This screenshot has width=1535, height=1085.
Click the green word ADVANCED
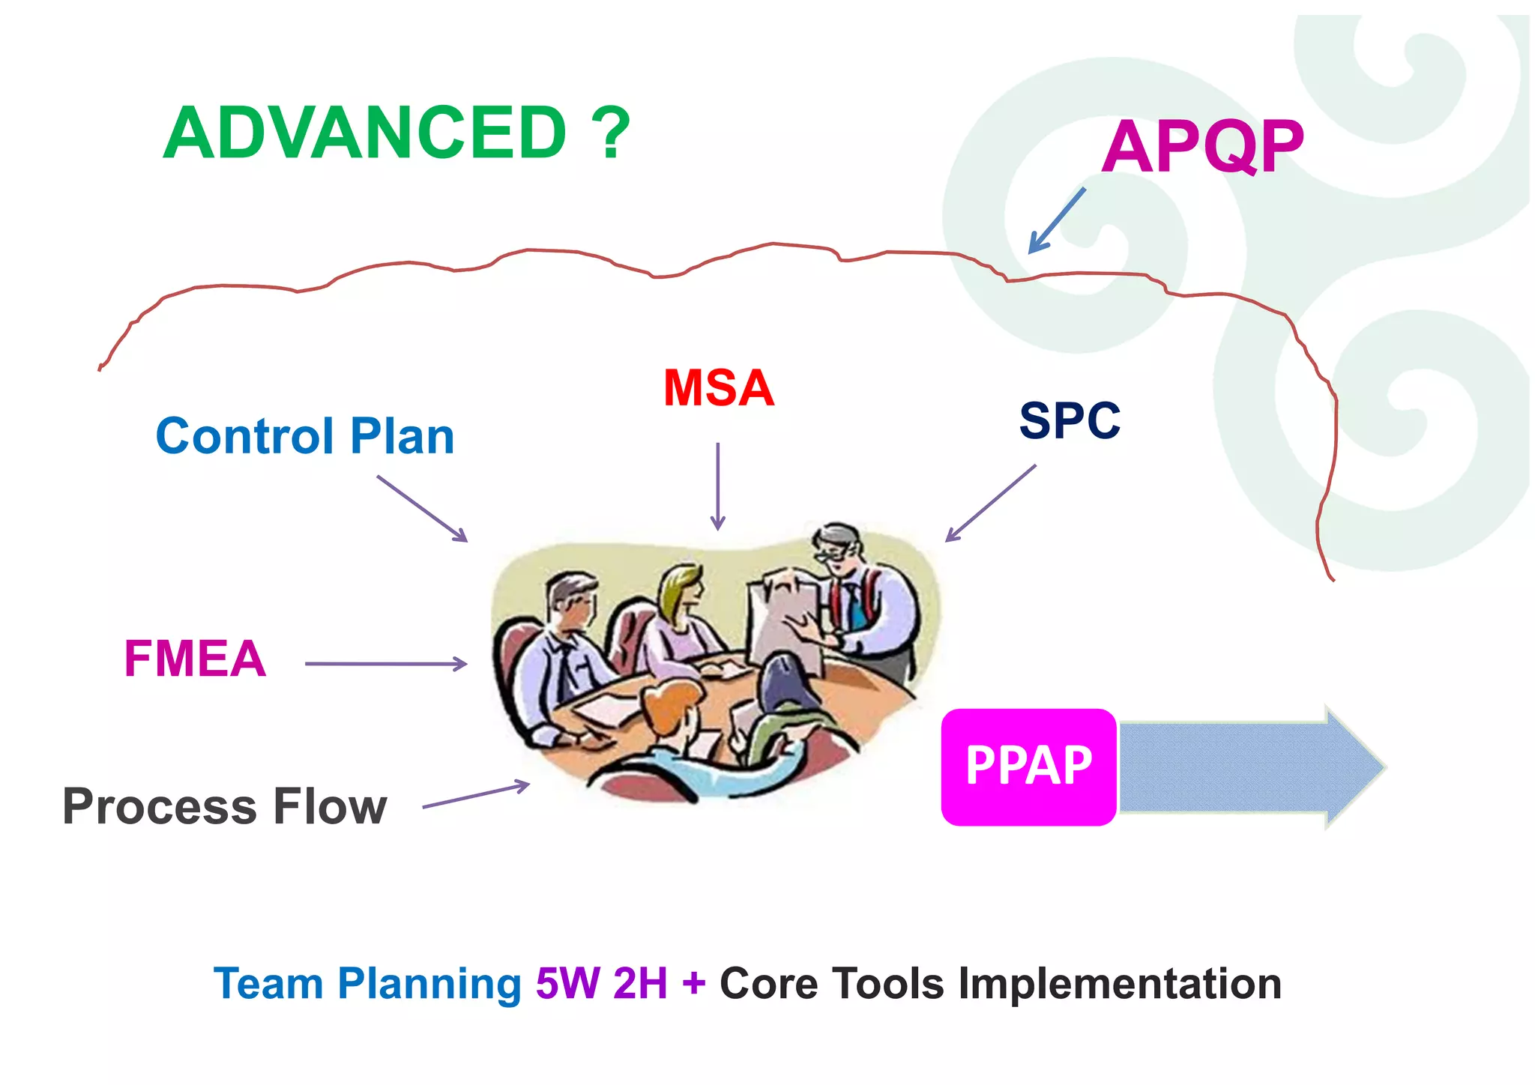365,133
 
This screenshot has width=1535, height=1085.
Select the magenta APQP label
1202,147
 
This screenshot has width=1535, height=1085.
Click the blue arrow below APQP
1056,221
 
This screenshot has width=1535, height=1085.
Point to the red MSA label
718,388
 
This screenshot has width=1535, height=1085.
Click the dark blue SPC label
1070,420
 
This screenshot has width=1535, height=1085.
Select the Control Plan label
305,436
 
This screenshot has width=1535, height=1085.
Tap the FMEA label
195,659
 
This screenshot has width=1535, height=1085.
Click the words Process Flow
224,807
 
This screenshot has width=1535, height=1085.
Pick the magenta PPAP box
1028,767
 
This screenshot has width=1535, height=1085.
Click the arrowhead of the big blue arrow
1353,767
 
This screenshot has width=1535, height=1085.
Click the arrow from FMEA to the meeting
385,664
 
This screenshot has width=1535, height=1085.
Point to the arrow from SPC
990,503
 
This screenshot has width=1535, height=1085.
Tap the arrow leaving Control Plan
422,508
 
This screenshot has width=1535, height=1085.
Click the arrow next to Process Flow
476,795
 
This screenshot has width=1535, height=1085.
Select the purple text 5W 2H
601,984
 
